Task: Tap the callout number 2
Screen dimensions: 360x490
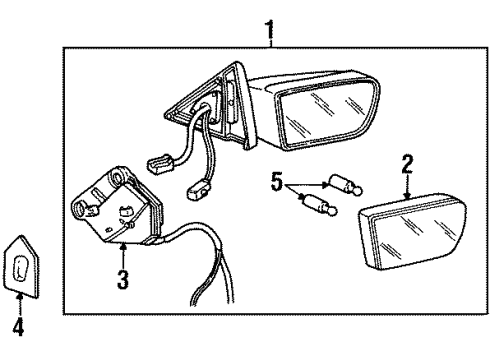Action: (x=407, y=160)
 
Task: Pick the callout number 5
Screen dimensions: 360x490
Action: (x=277, y=183)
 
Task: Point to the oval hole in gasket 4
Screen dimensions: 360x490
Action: (x=20, y=270)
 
